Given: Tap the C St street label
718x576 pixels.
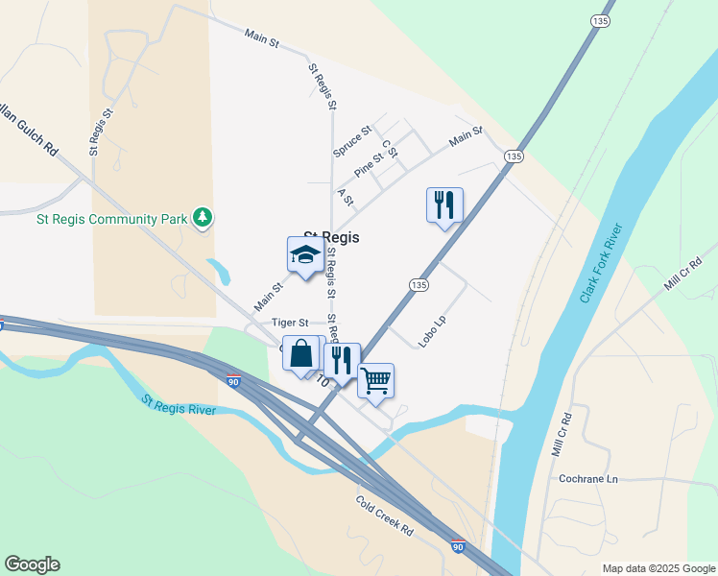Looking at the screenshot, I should coord(389,150).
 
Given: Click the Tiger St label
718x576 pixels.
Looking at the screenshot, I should coord(289,323).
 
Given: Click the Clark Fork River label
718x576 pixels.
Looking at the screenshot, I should coord(603,263).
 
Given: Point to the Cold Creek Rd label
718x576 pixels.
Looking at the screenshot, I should coord(384,516).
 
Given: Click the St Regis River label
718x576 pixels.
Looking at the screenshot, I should coord(179,405).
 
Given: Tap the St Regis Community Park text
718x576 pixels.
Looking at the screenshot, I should coord(111,219).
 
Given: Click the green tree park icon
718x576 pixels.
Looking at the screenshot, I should coord(202,218).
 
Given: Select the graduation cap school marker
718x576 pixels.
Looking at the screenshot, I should coord(305,255).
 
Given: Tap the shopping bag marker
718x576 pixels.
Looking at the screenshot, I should coord(300,353).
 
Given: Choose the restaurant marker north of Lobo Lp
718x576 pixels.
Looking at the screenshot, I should coord(444,205).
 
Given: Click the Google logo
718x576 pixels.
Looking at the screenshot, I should coord(32,564).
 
